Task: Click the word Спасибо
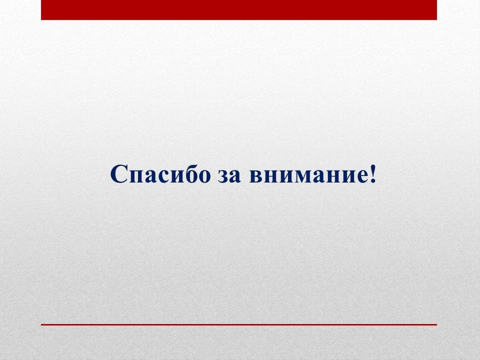point(161,174)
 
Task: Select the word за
point(229,177)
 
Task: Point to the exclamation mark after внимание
point(373,174)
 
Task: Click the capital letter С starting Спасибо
point(119,174)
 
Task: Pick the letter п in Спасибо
point(137,177)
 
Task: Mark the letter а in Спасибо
point(152,177)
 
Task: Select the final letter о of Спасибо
point(205,177)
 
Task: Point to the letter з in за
point(223,177)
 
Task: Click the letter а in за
point(235,177)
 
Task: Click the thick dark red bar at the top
point(239,10)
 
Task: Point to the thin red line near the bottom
point(239,324)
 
